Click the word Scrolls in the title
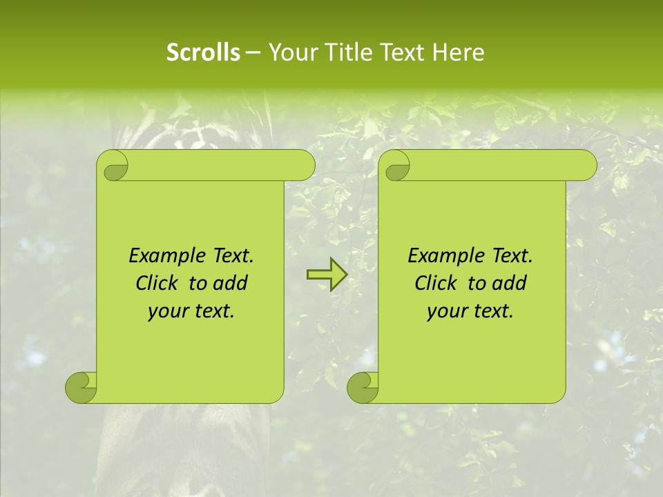tap(203, 52)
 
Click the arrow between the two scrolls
tap(327, 275)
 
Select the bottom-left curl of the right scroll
tap(363, 387)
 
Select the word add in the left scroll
tap(231, 284)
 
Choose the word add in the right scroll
tap(510, 284)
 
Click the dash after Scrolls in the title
tap(253, 52)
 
